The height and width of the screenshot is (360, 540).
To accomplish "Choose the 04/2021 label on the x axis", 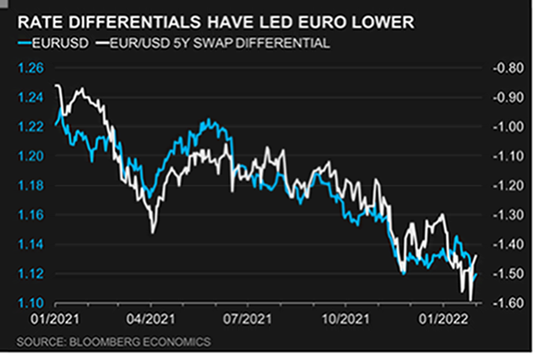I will (151, 319).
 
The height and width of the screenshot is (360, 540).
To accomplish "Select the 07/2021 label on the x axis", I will (248, 319).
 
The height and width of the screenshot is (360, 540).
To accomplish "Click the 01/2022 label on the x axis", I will (442, 319).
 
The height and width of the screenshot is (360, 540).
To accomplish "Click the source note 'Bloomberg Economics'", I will (112, 341).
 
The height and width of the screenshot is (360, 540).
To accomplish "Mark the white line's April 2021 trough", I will (152, 232).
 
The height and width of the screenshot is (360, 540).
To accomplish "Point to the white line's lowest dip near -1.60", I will (470, 300).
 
